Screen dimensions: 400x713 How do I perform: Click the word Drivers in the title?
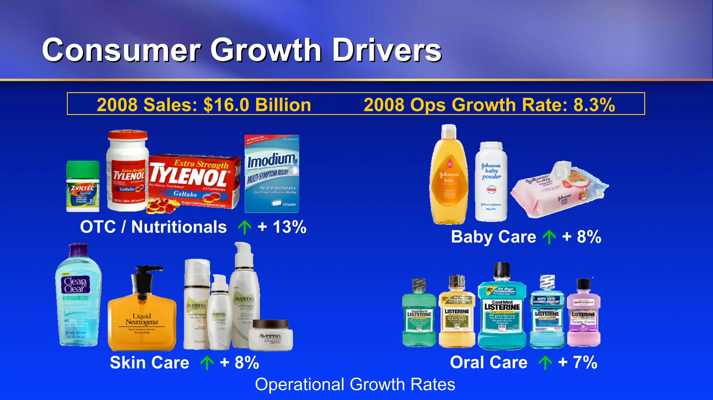pyautogui.click(x=387, y=50)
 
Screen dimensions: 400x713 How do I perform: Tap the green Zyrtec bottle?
pyautogui.click(x=83, y=188)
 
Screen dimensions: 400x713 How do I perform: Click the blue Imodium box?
pyautogui.click(x=272, y=174)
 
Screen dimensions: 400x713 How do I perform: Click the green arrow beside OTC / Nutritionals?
pyautogui.click(x=244, y=227)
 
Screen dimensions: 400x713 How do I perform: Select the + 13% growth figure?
pyautogui.click(x=282, y=227)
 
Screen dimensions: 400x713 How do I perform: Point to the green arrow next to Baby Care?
pyautogui.click(x=549, y=237)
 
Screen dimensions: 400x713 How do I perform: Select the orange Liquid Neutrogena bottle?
pyautogui.click(x=142, y=320)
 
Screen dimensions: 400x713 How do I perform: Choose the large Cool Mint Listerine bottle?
pyautogui.click(x=502, y=310)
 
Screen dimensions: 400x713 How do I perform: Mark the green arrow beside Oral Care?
pyautogui.click(x=545, y=363)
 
